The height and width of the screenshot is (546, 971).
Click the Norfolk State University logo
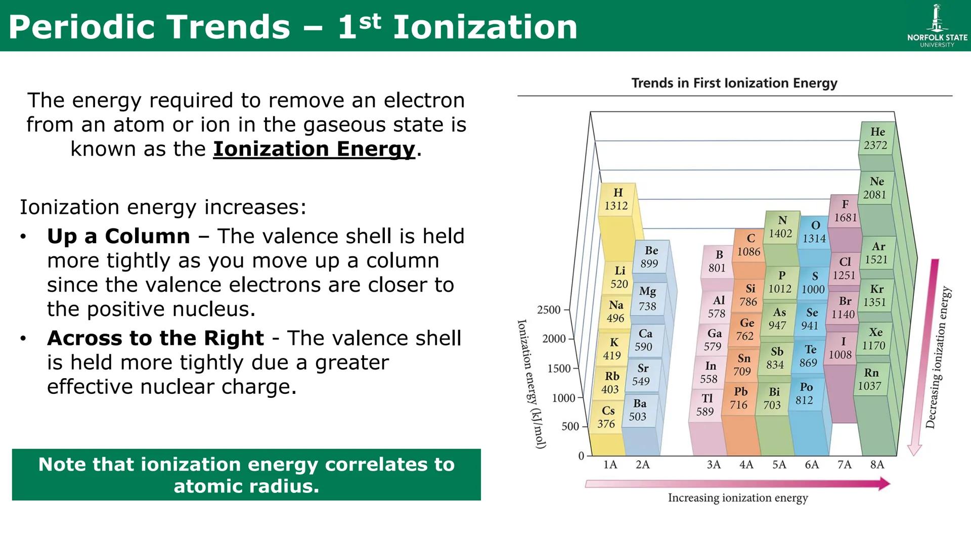click(x=937, y=26)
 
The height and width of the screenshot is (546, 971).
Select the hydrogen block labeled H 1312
click(x=616, y=199)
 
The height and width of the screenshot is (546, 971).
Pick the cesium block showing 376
click(x=607, y=418)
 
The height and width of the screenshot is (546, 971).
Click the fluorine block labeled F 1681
click(x=845, y=211)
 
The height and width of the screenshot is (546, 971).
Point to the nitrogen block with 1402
click(x=781, y=227)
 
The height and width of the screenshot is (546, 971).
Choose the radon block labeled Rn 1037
click(x=870, y=379)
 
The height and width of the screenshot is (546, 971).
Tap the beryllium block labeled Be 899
click(x=650, y=257)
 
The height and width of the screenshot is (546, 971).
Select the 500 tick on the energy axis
click(x=570, y=427)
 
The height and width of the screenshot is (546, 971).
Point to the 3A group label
click(x=714, y=465)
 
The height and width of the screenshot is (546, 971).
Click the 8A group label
click(x=877, y=465)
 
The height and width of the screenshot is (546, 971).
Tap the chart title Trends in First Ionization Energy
click(x=734, y=83)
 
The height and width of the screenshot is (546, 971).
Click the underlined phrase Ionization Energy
click(x=314, y=149)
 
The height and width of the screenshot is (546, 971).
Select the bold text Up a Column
click(x=118, y=236)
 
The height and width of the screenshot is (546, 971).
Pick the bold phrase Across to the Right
click(x=155, y=338)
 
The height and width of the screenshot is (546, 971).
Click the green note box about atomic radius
click(x=246, y=475)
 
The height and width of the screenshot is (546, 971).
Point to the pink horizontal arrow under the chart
click(x=737, y=484)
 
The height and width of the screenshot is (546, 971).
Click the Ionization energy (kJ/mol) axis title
click(x=531, y=384)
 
